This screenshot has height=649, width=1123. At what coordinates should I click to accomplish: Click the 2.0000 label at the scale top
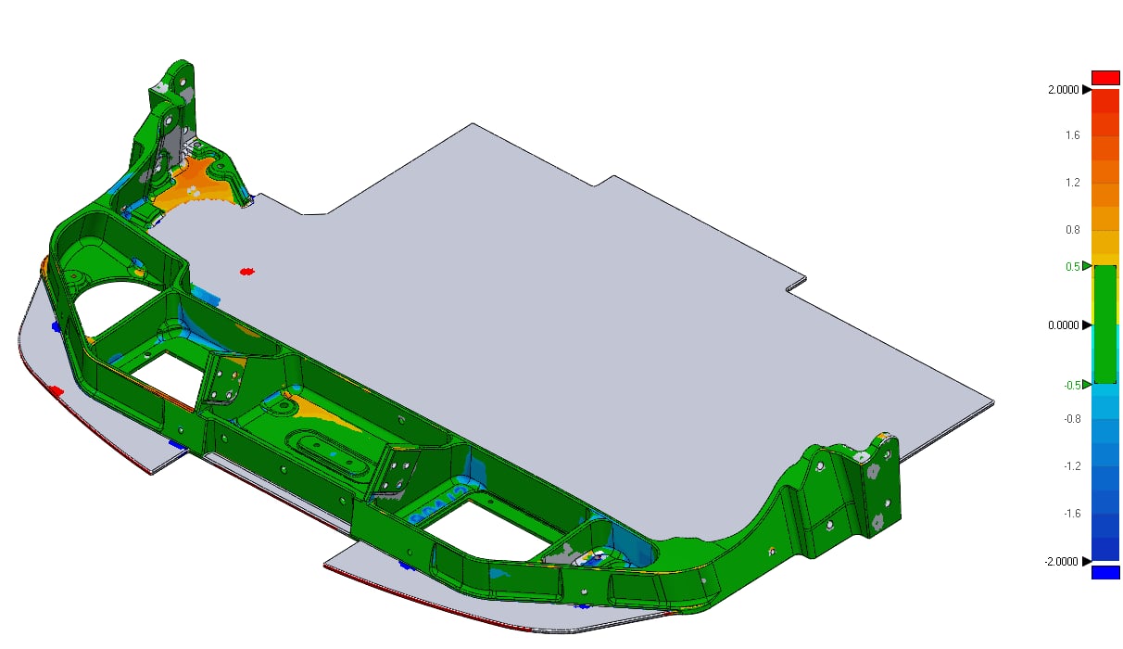tap(1063, 90)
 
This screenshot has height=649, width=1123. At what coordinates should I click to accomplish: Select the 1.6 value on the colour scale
tap(1072, 135)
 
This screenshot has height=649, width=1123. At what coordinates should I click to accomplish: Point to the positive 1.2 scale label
tap(1072, 182)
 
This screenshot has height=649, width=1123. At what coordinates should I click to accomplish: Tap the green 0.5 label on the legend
tap(1072, 266)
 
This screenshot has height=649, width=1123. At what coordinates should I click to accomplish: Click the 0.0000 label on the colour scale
tap(1063, 325)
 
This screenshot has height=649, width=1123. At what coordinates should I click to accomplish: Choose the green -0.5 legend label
tap(1072, 385)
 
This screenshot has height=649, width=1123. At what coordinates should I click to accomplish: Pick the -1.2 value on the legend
tap(1072, 466)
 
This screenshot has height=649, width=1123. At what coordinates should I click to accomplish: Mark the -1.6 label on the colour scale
tap(1072, 514)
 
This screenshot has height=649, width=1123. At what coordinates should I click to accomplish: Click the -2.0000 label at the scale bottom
tap(1061, 562)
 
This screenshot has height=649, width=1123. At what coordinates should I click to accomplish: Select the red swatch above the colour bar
tap(1105, 78)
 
